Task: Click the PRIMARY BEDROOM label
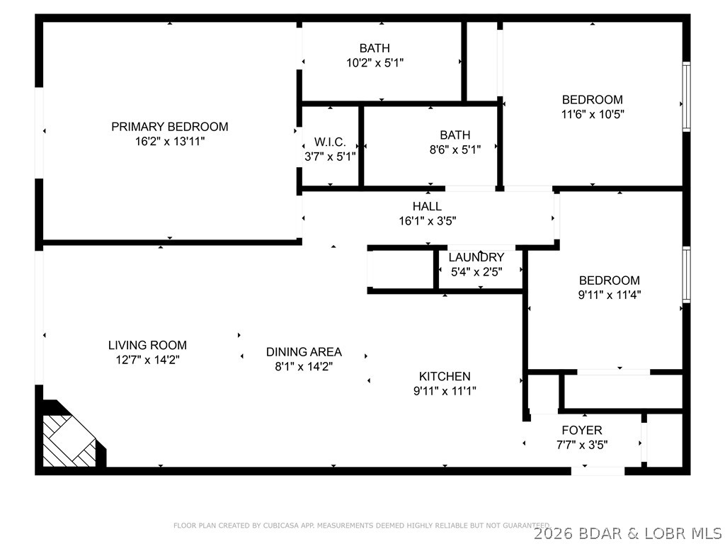(x=169, y=127)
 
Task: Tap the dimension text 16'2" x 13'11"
(x=169, y=142)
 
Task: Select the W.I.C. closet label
(x=330, y=142)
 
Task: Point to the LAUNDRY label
(x=476, y=257)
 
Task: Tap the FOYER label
(x=581, y=430)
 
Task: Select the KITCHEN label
(x=444, y=376)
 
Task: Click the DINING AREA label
(x=304, y=351)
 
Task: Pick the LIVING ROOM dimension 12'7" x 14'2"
(x=147, y=360)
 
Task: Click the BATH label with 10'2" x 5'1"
(x=374, y=48)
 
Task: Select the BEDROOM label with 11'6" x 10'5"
(x=592, y=100)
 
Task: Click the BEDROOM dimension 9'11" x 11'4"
(x=609, y=295)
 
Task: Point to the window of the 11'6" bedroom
(x=685, y=96)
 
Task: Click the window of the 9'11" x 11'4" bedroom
(x=685, y=275)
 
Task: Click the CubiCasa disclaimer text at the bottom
(x=361, y=526)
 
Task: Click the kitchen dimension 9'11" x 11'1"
(x=444, y=390)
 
